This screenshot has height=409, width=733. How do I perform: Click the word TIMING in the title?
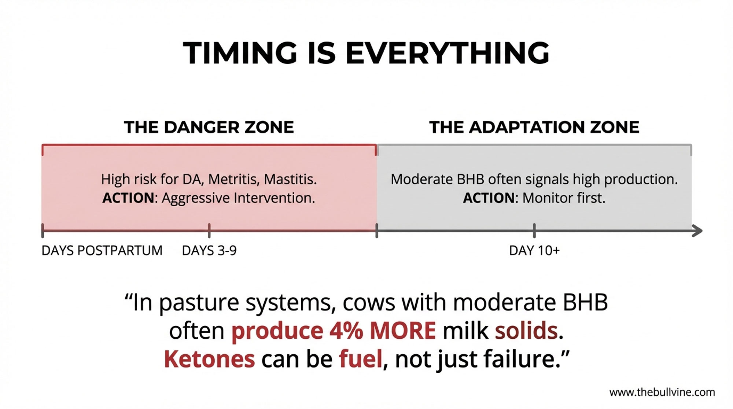pyautogui.click(x=240, y=53)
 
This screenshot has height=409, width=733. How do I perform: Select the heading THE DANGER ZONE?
pyautogui.click(x=209, y=127)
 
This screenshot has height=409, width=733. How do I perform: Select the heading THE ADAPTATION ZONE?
pyautogui.click(x=534, y=127)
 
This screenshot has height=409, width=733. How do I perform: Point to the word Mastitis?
pyautogui.click(x=290, y=179)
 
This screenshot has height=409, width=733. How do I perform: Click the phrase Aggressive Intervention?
pyautogui.click(x=238, y=198)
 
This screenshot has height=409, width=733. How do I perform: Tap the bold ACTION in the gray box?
pyautogui.click(x=489, y=198)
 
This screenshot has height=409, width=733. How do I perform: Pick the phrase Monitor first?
pyautogui.click(x=564, y=198)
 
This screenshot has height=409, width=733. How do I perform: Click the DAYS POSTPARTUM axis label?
pyautogui.click(x=102, y=251)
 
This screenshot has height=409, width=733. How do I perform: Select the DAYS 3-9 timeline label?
pyautogui.click(x=209, y=251)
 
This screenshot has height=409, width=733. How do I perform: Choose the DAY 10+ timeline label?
pyautogui.click(x=534, y=251)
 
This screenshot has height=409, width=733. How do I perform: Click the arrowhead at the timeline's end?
pyautogui.click(x=697, y=231)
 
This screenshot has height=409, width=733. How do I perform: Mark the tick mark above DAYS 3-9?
pyautogui.click(x=209, y=231)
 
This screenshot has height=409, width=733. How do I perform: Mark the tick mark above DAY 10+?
pyautogui.click(x=534, y=231)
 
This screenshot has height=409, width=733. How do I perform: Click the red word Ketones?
pyautogui.click(x=209, y=359)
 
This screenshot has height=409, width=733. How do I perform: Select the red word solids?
pyautogui.click(x=526, y=330)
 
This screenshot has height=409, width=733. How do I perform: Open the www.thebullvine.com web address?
pyautogui.click(x=662, y=393)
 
